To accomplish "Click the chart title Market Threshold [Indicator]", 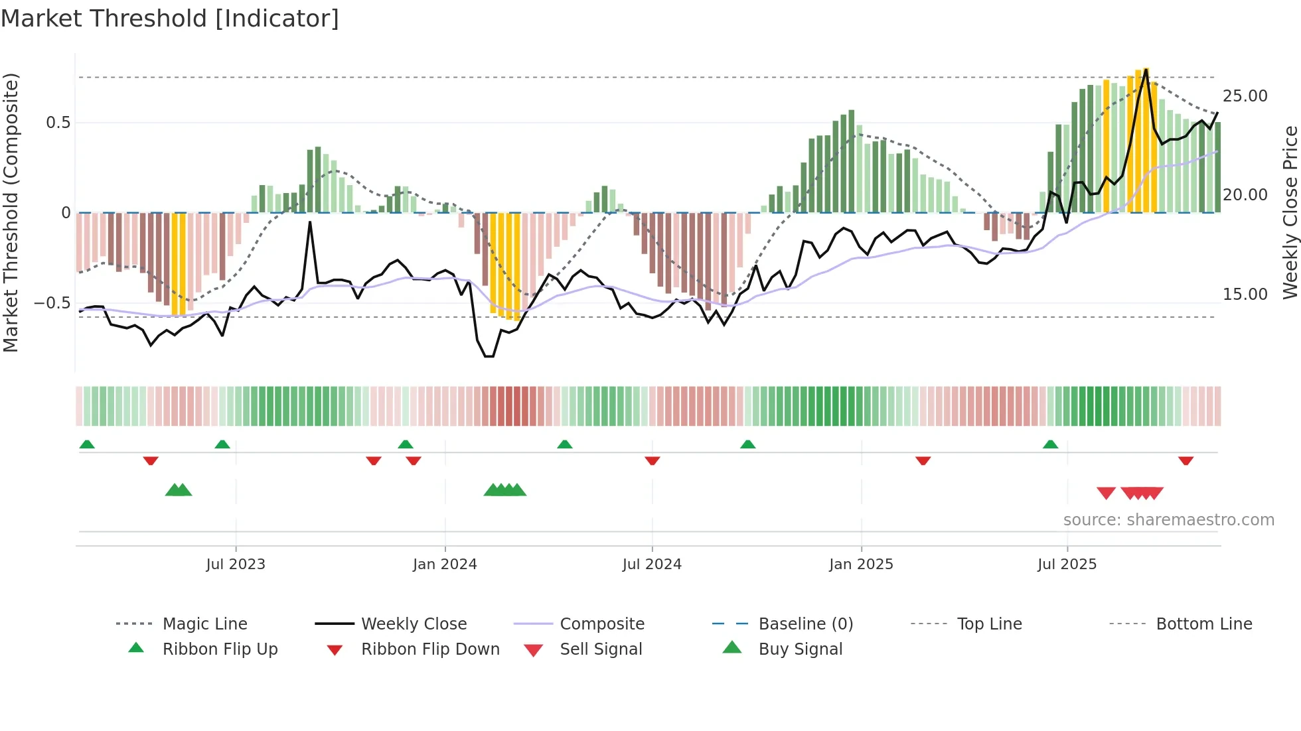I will coord(170,19).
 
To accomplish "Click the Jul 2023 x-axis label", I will coord(236,565).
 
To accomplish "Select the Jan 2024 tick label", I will coord(445,565).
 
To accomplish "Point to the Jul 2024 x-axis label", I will coord(652,565).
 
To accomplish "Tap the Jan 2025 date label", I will coord(861,565).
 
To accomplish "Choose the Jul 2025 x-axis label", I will coord(1067,565).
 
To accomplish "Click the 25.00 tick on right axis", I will coord(1245,96).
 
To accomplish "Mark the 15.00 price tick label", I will coord(1245,295).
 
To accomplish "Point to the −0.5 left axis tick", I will coord(52,303).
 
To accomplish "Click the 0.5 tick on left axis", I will coord(58,123).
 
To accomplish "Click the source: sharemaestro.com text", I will coord(1168,520).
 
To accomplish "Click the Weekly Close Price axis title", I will coord(1290,212).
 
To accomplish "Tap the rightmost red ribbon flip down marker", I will coord(1186,460).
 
